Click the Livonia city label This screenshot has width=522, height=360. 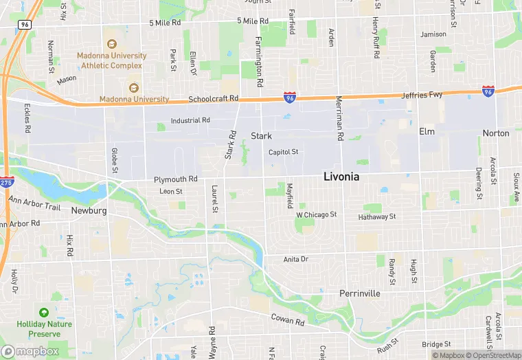click(x=351, y=177)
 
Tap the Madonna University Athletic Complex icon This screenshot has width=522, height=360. click(x=112, y=34)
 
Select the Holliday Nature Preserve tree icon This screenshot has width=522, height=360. click(x=44, y=313)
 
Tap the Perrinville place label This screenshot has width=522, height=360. click(x=359, y=293)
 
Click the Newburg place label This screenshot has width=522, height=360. click(x=89, y=211)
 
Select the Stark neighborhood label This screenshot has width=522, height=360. click(x=261, y=136)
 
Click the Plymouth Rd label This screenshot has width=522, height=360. click(x=175, y=179)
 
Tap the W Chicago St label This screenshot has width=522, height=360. click(x=316, y=214)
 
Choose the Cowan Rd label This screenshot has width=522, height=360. click(x=287, y=321)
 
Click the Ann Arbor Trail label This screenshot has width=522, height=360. click(x=34, y=203)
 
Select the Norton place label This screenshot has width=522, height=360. click(x=496, y=133)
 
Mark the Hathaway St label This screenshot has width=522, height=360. click(x=377, y=217)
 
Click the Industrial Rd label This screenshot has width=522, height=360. click(x=190, y=120)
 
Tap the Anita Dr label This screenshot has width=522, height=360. click(x=296, y=259)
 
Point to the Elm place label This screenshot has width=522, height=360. click(x=427, y=131)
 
